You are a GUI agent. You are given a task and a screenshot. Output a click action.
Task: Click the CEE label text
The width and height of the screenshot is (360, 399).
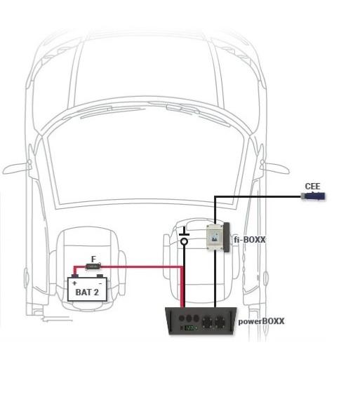tap(312, 187)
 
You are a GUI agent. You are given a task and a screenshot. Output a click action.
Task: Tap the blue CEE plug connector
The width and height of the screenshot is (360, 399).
tap(313, 196)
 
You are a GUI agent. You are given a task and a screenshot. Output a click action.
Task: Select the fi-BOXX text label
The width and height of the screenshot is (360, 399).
tap(250, 239)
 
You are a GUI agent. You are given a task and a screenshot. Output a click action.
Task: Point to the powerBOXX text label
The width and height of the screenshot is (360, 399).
tap(261, 321)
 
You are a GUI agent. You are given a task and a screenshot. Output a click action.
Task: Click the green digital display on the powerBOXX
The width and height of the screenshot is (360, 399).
tap(189, 328)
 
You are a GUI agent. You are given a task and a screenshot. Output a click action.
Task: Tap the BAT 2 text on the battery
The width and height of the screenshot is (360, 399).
tap(87, 292)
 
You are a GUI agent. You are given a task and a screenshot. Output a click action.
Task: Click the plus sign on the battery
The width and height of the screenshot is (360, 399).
tap(74, 283)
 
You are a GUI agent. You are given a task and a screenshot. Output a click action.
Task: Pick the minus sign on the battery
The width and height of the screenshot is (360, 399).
tap(100, 283)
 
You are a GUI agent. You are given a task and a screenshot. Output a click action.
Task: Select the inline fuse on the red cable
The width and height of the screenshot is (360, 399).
tap(93, 266)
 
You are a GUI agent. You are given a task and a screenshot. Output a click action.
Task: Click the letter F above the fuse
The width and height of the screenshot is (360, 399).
tap(93, 259)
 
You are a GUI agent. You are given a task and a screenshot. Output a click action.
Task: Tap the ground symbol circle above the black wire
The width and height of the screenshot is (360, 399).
tap(184, 241)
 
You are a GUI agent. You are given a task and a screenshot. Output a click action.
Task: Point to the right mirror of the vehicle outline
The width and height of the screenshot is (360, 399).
tap(276, 168)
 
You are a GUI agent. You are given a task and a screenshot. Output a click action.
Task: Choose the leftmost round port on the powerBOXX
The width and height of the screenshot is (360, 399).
tap(182, 318)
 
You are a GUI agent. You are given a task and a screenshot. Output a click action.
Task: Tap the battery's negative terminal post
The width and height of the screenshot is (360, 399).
tap(100, 276)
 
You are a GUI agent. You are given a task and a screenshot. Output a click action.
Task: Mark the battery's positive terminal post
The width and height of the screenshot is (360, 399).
tap(74, 276)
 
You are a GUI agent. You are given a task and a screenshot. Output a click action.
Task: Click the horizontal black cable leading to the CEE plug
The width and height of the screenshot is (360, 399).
tap(258, 196)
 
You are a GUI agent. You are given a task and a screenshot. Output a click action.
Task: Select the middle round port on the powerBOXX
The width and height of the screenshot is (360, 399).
tap(189, 318)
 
